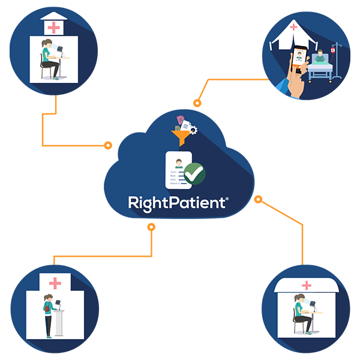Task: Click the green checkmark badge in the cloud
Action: tap(194, 173)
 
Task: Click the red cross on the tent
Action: tap(293, 27)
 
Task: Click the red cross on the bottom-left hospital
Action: tap(55, 283)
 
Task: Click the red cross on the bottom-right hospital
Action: tap(307, 286)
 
